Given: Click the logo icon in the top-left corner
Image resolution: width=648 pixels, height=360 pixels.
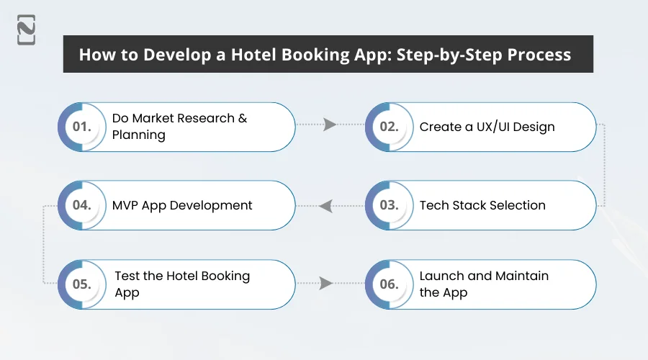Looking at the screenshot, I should click(x=27, y=30).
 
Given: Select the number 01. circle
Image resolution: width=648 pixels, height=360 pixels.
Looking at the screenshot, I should click(x=82, y=127).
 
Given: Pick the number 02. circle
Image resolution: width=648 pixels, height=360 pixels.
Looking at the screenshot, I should click(x=390, y=127).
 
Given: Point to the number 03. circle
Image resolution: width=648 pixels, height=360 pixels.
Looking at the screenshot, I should click(x=390, y=205).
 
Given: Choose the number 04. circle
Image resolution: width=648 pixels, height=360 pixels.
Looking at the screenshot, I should click(x=82, y=205).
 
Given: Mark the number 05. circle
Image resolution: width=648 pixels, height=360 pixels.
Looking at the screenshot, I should click(x=82, y=284).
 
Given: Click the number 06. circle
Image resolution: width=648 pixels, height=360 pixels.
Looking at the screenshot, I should click(x=390, y=284).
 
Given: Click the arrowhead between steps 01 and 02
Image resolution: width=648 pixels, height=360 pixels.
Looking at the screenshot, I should click(x=330, y=125).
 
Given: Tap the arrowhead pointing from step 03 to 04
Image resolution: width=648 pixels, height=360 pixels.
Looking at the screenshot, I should click(x=325, y=206).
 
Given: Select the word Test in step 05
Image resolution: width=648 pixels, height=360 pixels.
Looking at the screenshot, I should click(x=127, y=276).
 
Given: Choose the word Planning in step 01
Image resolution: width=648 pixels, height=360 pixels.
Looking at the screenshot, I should click(x=138, y=135).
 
